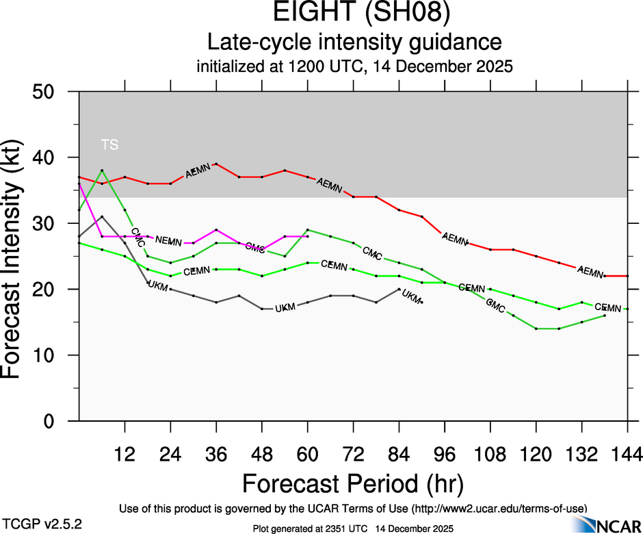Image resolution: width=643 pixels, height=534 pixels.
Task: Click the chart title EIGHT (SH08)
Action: (354, 14)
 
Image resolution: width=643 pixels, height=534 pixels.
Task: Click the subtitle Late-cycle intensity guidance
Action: (354, 42)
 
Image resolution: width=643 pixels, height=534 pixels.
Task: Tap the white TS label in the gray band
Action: (109, 144)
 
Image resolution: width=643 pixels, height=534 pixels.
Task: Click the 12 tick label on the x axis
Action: (124, 453)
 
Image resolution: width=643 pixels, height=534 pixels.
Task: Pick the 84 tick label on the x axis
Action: (399, 453)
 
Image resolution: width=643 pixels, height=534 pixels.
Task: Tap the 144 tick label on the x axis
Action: (626, 453)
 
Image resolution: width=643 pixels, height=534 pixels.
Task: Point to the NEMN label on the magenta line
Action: (168, 240)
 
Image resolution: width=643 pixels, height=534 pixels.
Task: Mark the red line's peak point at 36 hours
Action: (216, 164)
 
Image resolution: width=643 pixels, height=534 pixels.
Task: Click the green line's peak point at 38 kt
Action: (102, 170)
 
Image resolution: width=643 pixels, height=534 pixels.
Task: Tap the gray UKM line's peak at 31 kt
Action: (102, 216)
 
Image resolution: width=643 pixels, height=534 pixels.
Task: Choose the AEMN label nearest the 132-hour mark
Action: (590, 271)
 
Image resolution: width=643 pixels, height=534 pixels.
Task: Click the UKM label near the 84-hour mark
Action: (412, 296)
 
